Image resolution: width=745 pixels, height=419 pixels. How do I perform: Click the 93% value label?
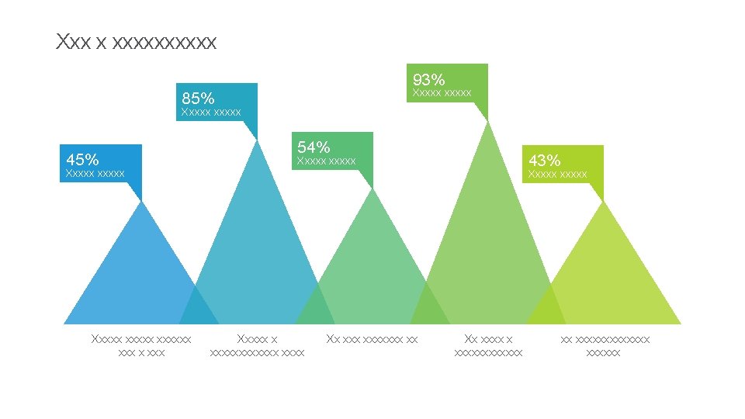[x=428, y=79]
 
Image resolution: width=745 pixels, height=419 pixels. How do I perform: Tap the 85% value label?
[x=198, y=98]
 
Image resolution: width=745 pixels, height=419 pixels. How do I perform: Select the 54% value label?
[x=314, y=147]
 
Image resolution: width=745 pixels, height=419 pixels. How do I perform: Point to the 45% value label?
[x=82, y=159]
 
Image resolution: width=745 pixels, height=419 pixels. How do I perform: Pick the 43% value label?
[x=544, y=160]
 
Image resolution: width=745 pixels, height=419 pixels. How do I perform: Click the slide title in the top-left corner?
[x=136, y=42]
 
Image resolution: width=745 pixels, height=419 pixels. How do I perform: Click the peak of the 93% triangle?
[x=488, y=122]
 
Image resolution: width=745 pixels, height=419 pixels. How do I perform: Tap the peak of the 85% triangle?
[x=257, y=140]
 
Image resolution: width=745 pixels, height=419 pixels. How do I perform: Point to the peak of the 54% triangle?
[x=373, y=189]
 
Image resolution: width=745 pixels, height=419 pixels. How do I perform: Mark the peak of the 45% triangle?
[x=142, y=202]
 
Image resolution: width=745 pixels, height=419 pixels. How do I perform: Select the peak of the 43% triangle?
[x=604, y=202]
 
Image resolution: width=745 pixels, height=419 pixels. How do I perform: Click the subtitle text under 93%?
[x=442, y=93]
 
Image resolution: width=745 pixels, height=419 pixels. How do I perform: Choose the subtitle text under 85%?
[x=210, y=113]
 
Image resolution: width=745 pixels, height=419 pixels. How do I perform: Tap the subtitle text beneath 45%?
[x=95, y=173]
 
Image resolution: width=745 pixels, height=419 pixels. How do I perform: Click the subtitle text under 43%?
[x=557, y=175]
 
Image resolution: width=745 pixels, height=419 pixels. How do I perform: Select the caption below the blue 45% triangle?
[x=141, y=345]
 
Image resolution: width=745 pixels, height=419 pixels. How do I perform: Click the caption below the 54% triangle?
[x=372, y=339]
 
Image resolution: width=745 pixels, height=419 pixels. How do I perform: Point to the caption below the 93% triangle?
[x=488, y=345]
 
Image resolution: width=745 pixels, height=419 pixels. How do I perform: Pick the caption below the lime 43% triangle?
[x=605, y=345]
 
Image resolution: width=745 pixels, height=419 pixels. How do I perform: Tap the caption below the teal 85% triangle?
[x=257, y=345]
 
